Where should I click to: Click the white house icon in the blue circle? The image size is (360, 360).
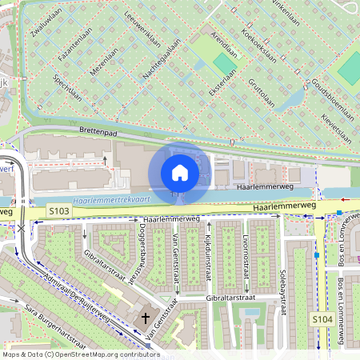[x=180, y=172]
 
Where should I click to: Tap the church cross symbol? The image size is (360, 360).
[x=146, y=318]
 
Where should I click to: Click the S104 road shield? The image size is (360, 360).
[x=322, y=319]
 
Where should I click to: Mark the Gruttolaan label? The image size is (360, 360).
[x=262, y=91]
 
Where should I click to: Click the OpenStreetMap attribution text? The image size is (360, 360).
[x=81, y=354]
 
